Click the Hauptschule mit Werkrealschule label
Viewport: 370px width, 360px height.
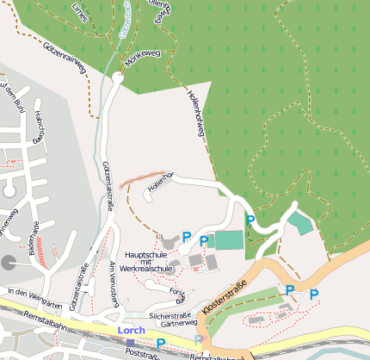tap(149, 262)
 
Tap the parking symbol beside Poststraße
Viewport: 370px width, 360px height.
tap(161, 343)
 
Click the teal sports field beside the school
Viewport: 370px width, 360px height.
tap(229, 240)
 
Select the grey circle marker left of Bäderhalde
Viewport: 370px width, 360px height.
tap(9, 263)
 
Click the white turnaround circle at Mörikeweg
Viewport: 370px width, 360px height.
tap(117, 78)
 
